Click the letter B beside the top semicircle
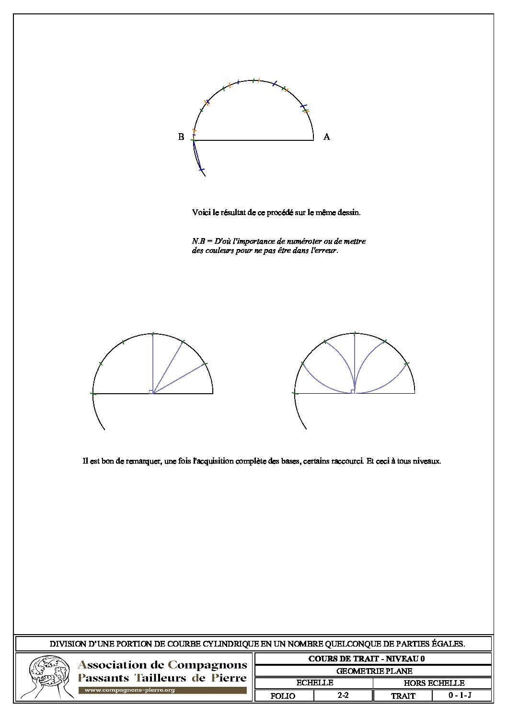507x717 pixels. coord(181,137)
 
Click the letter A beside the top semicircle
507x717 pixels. coord(327,137)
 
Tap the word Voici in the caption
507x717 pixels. coord(200,212)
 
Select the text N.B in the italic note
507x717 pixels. coord(197,241)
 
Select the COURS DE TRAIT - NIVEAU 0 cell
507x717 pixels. coord(367,659)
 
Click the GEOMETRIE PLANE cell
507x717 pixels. coord(374,671)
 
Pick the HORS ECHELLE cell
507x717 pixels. coord(434,683)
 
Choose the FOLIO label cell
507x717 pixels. coord(283,696)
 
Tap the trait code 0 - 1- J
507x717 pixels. coord(460,695)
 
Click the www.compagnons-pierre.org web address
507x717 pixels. coord(129,690)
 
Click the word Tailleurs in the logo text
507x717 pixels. coord(161,678)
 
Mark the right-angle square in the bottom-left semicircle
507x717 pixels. coord(151,392)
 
